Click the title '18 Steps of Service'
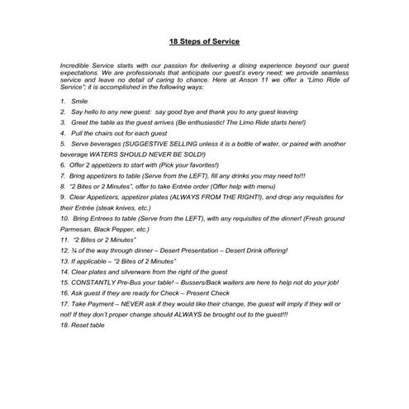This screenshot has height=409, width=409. click(204, 41)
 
